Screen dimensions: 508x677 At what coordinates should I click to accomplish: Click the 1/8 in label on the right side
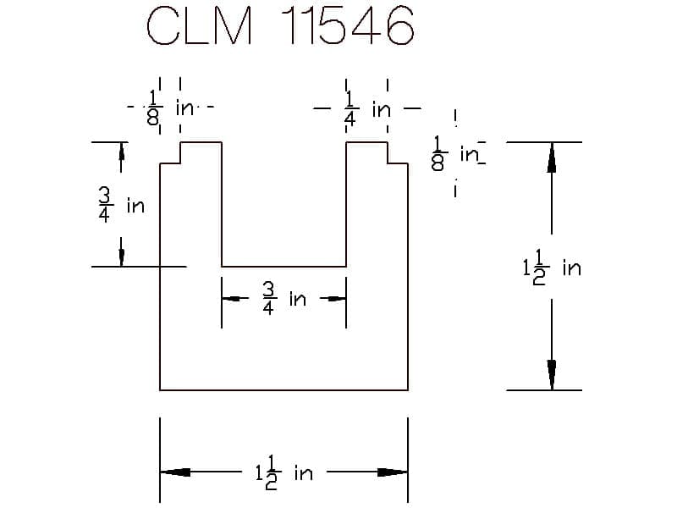point(455,154)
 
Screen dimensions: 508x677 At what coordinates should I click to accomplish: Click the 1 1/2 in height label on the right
point(551,268)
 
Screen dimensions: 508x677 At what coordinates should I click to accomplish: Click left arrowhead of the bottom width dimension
point(174,472)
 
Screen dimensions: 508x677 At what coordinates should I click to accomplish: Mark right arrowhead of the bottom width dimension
point(393,472)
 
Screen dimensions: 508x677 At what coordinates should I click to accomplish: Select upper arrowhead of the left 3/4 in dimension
point(121,152)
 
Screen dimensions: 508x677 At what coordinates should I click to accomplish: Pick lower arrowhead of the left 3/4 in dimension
point(121,257)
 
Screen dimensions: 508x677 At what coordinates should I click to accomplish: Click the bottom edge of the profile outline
point(283,390)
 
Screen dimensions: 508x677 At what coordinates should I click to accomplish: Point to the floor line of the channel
point(283,267)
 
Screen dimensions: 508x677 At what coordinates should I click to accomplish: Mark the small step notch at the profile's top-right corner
point(397,153)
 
